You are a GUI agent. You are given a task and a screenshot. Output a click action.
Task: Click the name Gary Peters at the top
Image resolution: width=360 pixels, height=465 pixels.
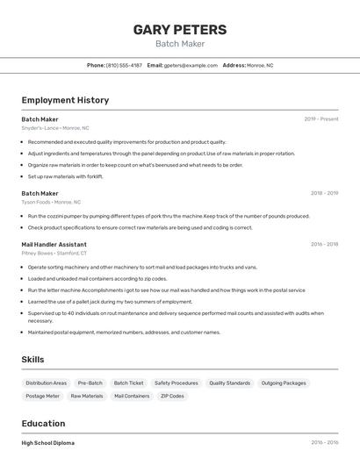179,30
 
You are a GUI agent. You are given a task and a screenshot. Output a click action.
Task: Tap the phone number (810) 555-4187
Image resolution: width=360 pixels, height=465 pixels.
124,65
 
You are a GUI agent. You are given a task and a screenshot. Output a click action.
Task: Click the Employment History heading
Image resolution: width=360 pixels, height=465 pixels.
65,100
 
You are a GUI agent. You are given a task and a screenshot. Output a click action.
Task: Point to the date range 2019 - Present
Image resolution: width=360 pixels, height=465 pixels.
320,119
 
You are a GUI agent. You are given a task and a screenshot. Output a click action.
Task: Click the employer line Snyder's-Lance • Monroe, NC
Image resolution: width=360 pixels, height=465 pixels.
55,128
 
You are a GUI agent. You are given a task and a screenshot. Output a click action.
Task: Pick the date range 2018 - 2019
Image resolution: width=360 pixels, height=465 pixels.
324,193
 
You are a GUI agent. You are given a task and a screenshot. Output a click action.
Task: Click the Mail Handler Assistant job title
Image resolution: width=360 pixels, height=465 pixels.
54,245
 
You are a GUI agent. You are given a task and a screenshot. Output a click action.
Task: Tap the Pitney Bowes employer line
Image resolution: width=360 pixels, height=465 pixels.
55,254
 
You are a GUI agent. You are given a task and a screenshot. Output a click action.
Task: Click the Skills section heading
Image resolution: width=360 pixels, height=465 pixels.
32,360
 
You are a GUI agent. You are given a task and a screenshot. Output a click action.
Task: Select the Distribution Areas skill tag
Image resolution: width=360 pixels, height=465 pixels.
47,383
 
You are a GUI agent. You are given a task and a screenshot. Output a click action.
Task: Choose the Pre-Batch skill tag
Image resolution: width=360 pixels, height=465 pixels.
90,383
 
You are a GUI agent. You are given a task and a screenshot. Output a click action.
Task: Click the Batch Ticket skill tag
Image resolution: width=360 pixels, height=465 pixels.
128,383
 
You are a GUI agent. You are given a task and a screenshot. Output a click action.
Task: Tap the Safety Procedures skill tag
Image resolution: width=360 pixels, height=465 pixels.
176,383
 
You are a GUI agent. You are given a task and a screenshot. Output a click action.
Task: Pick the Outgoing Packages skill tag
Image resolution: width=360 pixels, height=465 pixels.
284,383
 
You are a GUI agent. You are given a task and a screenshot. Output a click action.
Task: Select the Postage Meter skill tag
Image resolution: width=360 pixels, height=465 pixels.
43,397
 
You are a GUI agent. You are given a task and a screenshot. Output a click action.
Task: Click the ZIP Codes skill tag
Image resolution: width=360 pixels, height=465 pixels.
172,397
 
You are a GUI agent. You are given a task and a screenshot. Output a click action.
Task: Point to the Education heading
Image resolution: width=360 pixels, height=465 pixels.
43,423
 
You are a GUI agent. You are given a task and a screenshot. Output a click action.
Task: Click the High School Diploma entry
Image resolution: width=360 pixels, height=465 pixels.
48,443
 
